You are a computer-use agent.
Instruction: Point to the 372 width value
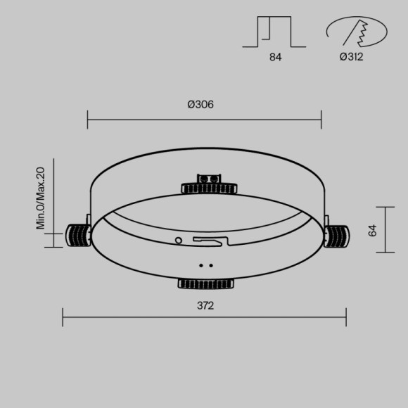coord(205,305)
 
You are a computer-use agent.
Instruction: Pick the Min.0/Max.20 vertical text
coord(41,198)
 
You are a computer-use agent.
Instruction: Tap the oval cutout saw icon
coord(356,32)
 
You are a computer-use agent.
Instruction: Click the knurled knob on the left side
coord(77,235)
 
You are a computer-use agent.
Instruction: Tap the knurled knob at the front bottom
coord(207,283)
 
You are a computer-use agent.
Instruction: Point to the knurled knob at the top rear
coord(208,188)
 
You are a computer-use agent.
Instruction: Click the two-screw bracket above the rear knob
coord(208,179)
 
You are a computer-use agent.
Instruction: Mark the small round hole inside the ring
coord(178,240)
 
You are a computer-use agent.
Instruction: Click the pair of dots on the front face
coord(206,265)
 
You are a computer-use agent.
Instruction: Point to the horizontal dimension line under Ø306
coord(204,119)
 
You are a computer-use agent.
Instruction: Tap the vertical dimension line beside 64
coord(385,229)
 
